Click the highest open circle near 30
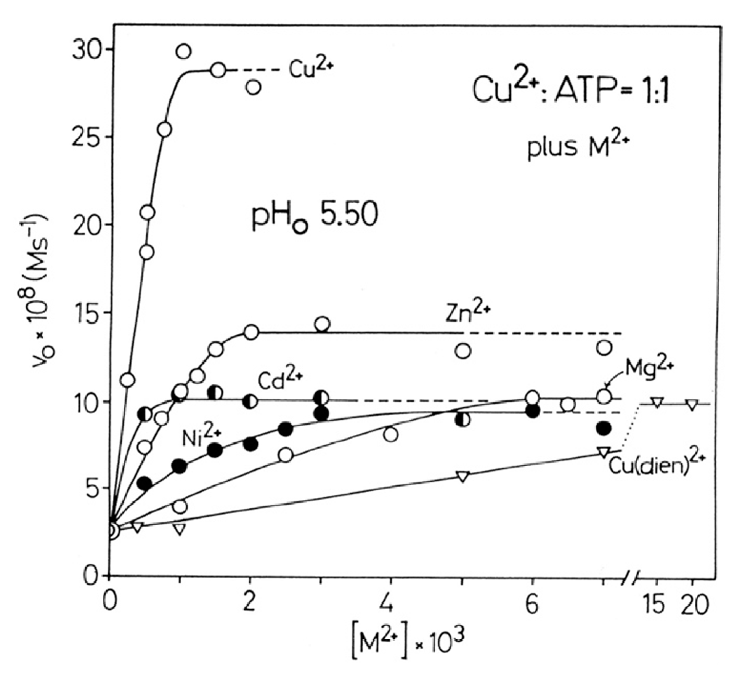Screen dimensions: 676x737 click(x=183, y=51)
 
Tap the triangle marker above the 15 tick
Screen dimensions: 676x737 click(x=657, y=402)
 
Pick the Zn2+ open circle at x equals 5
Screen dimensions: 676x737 click(x=463, y=351)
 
